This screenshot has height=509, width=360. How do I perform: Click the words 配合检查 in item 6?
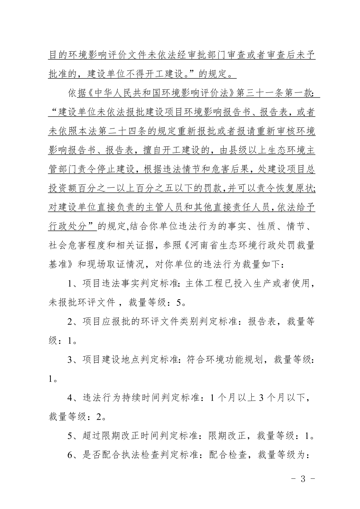[x=227, y=455]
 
